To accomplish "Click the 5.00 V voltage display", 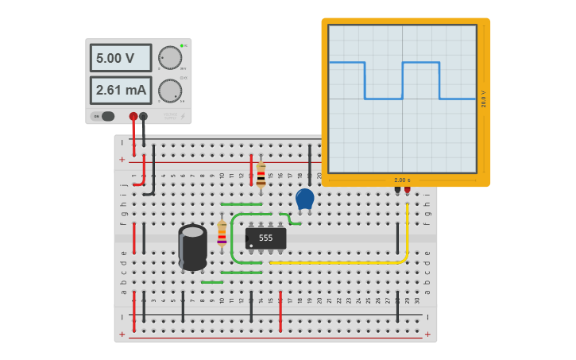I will click(x=120, y=58).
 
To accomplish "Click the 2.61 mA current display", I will click(x=120, y=91).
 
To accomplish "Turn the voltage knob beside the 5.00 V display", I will click(x=169, y=57).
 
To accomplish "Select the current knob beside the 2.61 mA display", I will click(x=169, y=91).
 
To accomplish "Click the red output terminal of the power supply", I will click(x=133, y=116).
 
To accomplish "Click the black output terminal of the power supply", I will click(x=143, y=116).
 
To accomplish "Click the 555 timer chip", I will click(x=265, y=238).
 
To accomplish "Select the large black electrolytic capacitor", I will click(x=192, y=247).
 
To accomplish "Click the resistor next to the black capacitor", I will click(x=222, y=234).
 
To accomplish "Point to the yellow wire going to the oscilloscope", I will click(x=342, y=262).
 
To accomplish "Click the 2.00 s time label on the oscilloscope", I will click(x=402, y=180).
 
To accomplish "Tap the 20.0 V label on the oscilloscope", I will click(x=483, y=99).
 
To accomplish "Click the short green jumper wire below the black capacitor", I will click(x=212, y=282).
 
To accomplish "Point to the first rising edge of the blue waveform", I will click(x=403, y=80).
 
